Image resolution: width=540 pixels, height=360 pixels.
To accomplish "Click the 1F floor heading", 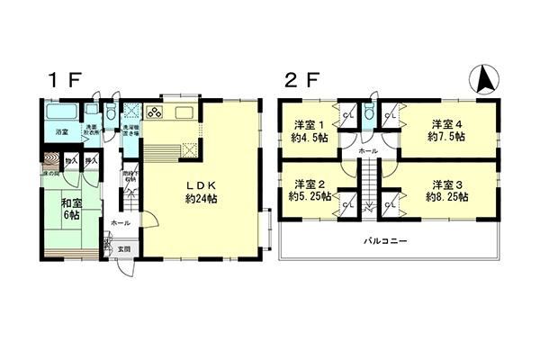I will (x=66, y=79).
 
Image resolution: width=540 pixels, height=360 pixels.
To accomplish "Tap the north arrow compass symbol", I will (x=484, y=81).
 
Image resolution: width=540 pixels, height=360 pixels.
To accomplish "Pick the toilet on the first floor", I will (x=110, y=114).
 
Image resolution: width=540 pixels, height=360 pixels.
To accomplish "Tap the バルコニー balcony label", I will (x=387, y=241).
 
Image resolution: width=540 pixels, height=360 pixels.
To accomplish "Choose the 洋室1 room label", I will (x=309, y=130).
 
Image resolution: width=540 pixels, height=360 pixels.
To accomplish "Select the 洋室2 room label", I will (x=309, y=188).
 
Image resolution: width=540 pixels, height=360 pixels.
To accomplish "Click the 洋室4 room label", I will (x=445, y=130).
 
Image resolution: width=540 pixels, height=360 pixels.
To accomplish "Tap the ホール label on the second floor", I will (x=368, y=152).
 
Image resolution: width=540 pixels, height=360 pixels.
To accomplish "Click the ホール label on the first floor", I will (x=120, y=221).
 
